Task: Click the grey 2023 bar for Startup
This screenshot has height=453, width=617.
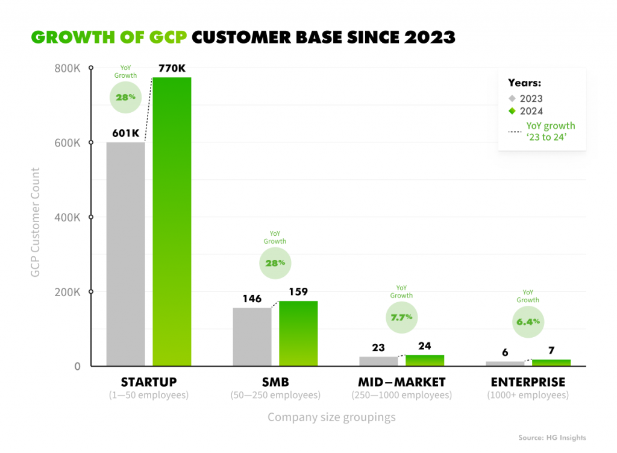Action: coord(125,253)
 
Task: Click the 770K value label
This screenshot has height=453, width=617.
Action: coord(172,69)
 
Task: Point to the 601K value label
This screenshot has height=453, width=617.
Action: coord(125,133)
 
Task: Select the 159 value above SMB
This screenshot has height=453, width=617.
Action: coord(298,292)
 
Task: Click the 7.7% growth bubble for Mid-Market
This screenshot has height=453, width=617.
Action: coord(401,317)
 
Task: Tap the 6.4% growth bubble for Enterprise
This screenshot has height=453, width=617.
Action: coord(528,322)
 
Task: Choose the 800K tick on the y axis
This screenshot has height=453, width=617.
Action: coord(68,68)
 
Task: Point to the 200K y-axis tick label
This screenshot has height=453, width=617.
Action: coord(68,292)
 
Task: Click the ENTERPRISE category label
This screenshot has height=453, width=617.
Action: coord(528,382)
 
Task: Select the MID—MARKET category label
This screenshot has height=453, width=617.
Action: coord(401,382)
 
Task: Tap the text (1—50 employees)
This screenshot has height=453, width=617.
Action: coord(149,396)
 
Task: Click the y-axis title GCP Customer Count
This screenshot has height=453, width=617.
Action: coord(36,223)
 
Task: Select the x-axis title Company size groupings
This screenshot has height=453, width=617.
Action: coord(331,417)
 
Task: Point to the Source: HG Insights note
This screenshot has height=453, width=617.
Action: coord(551,438)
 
